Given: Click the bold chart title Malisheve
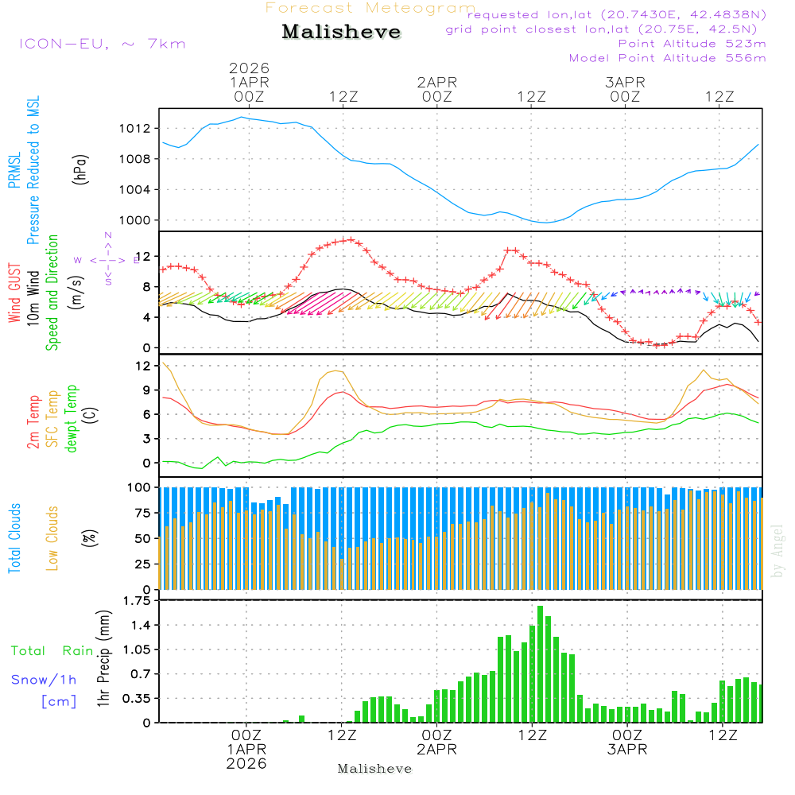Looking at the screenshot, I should coord(342,33).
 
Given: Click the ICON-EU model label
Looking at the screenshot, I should coord(102,44).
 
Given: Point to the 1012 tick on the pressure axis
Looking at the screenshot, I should coord(140,128).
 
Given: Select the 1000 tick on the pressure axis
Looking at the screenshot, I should coord(140,220).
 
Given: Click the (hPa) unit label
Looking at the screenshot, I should coord(80,169).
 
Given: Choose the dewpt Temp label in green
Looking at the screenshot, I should coord(72,420).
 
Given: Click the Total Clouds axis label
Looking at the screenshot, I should coord(15,538).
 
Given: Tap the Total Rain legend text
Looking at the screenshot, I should coord(52,651).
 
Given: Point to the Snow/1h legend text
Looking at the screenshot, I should coord(44,680).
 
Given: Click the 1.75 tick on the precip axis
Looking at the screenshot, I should coord(135,601).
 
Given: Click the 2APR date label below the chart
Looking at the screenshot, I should coord(436,749).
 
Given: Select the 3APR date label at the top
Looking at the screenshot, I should coord(625,81).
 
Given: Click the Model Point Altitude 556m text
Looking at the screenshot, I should coord(668,58).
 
